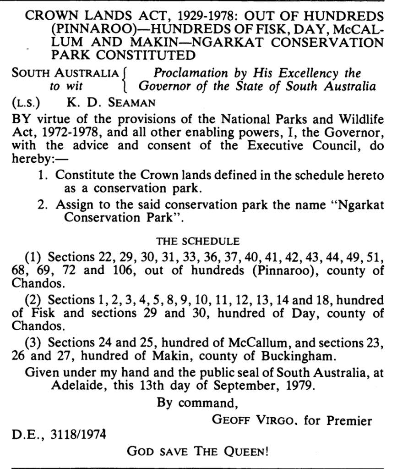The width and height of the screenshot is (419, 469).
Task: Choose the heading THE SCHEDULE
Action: pos(197,240)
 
